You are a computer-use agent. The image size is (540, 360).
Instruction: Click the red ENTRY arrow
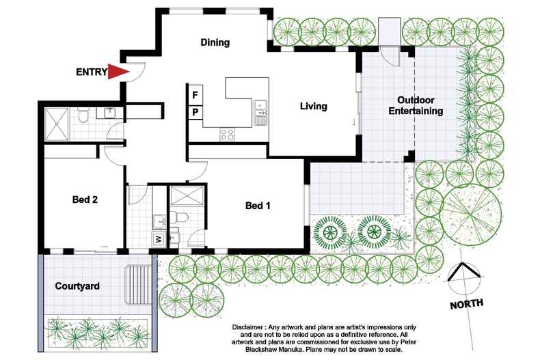pos(119,72)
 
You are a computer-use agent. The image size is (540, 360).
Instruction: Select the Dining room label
pos(215,42)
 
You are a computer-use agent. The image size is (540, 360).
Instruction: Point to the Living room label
pos(314,106)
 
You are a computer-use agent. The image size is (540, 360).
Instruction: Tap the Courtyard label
pos(77,286)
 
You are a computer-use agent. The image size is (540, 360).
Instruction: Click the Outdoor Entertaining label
pos(416,105)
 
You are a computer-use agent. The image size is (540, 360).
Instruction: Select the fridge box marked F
pos(195,94)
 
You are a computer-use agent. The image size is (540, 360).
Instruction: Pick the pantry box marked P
pos(195,111)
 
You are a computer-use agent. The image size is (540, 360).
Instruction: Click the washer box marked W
pos(159,239)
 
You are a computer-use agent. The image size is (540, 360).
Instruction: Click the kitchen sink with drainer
pos(260,113)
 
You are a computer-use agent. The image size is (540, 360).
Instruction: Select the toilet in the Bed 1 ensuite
pos(180,217)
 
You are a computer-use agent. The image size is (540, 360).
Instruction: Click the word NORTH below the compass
pos(467,304)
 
